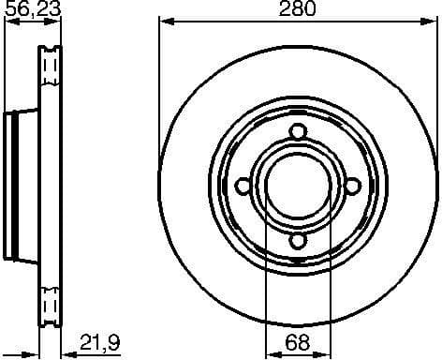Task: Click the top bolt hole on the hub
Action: point(298,131)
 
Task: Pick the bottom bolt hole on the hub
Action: point(298,242)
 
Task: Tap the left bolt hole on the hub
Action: point(243,187)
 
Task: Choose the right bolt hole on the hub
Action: point(353,187)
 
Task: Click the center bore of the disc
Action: point(298,187)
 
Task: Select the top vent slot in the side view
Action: point(52,67)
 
